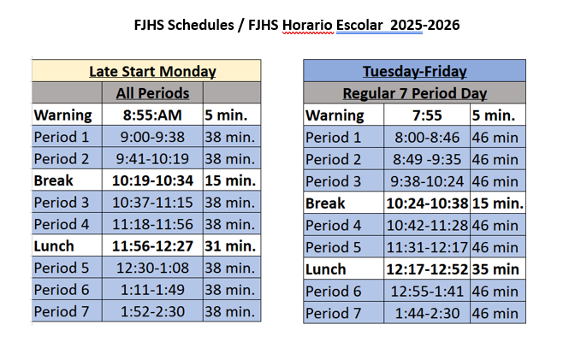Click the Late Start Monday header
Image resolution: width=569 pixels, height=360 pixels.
(152, 72)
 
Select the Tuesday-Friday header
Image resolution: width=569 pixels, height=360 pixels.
(415, 72)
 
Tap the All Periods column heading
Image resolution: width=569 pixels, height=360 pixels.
(152, 93)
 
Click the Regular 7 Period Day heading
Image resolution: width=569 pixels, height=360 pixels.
(415, 93)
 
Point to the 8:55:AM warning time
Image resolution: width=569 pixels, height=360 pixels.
(152, 115)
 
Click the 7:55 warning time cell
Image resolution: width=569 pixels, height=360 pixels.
(427, 115)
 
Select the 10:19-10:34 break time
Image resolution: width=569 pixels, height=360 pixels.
(152, 180)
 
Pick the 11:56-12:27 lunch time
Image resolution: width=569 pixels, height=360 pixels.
(152, 246)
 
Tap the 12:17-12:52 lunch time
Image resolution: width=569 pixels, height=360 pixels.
(427, 269)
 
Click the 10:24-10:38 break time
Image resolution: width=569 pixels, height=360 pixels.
(427, 204)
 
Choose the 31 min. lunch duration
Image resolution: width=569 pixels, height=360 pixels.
(230, 246)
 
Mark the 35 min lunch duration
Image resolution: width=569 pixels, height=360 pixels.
(495, 269)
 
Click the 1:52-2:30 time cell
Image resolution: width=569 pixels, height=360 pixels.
(152, 311)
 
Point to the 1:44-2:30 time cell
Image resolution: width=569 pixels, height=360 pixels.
(427, 313)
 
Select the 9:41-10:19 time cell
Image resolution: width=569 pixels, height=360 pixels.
(152, 159)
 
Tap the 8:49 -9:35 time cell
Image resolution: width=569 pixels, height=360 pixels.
(427, 160)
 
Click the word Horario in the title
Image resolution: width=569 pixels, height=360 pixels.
(307, 25)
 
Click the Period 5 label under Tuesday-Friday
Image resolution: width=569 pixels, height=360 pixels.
(333, 247)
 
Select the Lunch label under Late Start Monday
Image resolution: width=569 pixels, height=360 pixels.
(54, 246)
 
